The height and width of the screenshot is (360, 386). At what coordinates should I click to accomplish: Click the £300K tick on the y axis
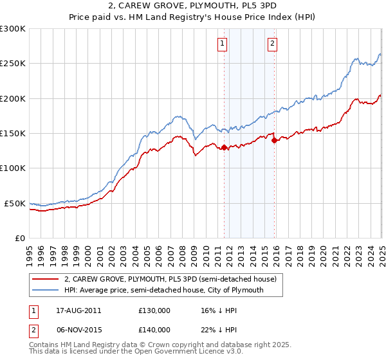click(13, 29)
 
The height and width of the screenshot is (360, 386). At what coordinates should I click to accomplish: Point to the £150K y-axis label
click(13, 133)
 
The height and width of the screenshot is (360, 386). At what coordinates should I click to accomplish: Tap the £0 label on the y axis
click(20, 238)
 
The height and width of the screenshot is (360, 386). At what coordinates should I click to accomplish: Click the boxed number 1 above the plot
click(223, 44)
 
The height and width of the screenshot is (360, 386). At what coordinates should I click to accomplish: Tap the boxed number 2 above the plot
click(273, 44)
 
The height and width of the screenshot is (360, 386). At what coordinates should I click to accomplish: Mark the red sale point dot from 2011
click(225, 148)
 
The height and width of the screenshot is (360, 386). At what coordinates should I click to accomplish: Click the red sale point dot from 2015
click(274, 140)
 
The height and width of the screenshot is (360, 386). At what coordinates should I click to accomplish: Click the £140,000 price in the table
click(154, 329)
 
